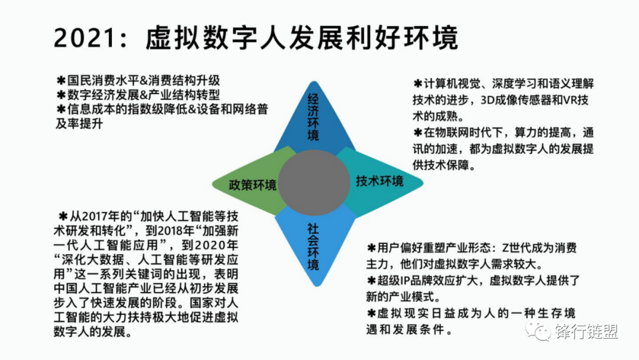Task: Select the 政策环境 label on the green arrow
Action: click(253, 185)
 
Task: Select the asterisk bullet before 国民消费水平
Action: click(60, 80)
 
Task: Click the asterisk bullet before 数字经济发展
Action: click(60, 95)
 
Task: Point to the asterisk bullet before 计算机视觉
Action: click(417, 83)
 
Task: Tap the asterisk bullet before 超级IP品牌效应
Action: click(371, 280)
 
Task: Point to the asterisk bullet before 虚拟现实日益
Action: click(371, 313)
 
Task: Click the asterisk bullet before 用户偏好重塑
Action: click(371, 247)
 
